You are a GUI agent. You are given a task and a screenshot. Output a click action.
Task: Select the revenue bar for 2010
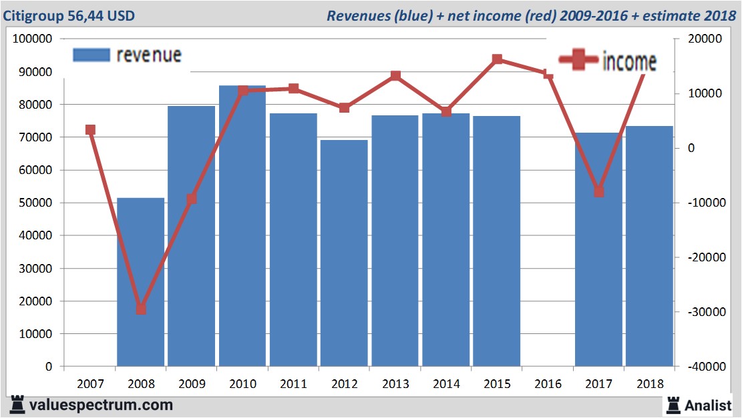click(242, 227)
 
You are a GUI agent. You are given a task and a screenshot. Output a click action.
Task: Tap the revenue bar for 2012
click(344, 253)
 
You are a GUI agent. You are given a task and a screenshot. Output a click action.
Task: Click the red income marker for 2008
click(141, 309)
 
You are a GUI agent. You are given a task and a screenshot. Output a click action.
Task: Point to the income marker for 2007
click(90, 130)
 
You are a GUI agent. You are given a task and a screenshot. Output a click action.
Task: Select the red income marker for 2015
click(497, 59)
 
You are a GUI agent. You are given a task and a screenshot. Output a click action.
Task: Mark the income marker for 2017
click(599, 192)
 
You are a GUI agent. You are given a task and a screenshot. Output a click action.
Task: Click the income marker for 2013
click(395, 76)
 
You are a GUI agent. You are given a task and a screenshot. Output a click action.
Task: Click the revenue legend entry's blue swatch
click(90, 55)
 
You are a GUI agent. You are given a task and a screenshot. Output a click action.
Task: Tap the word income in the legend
click(629, 62)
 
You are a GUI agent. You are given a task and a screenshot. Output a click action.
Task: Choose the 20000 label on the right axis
click(701, 39)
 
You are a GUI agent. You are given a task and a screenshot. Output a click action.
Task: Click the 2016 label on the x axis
click(548, 384)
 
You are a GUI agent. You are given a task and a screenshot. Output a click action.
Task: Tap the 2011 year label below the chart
click(293, 384)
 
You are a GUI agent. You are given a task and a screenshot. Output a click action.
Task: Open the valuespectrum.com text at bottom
click(100, 405)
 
